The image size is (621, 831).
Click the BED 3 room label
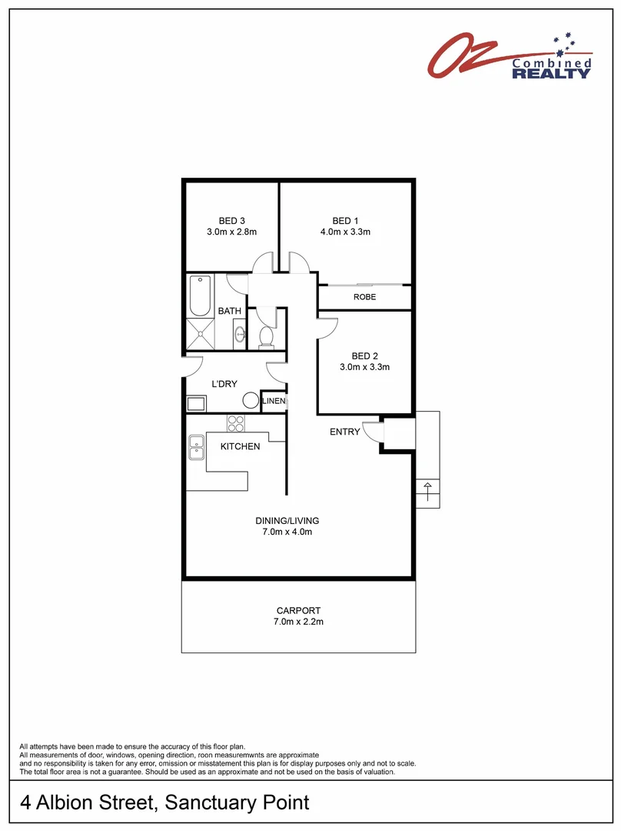pyautogui.click(x=231, y=221)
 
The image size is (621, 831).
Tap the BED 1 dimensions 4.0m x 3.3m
pyautogui.click(x=345, y=232)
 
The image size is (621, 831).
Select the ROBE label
pyautogui.click(x=364, y=297)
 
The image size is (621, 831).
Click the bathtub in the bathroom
pyautogui.click(x=200, y=296)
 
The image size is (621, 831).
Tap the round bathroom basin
pyautogui.click(x=239, y=334)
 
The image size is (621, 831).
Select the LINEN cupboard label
pyautogui.click(x=274, y=401)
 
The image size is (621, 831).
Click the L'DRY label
pyautogui.click(x=224, y=384)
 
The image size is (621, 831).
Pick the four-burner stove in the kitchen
pyautogui.click(x=235, y=423)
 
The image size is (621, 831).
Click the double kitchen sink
pyautogui.click(x=196, y=449)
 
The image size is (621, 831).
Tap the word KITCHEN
pyautogui.click(x=240, y=446)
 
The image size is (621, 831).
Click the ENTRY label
pyautogui.click(x=344, y=432)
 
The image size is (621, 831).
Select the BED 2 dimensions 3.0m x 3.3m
pyautogui.click(x=365, y=367)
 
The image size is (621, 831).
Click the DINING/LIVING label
pyautogui.click(x=287, y=521)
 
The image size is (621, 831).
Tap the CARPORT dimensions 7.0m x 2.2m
pyautogui.click(x=298, y=622)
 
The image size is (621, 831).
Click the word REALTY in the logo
pyautogui.click(x=551, y=74)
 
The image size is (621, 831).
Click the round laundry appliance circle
pyautogui.click(x=251, y=400)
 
